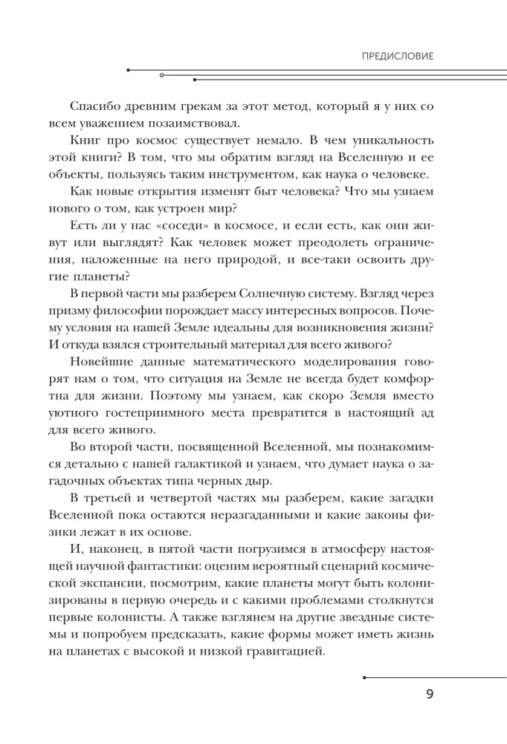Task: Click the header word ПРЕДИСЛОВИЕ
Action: (x=397, y=56)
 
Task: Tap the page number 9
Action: (x=430, y=695)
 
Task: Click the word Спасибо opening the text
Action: (x=94, y=106)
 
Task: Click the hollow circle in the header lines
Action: (x=162, y=75)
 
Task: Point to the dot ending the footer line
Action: (x=364, y=678)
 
